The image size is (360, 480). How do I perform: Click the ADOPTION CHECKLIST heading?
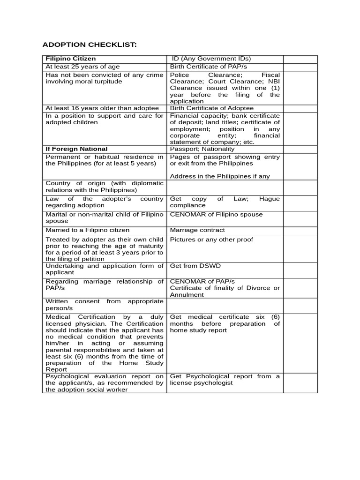coord(90,45)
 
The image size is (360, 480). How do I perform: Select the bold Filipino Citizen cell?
coord(70,59)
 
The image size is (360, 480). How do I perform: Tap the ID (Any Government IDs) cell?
coord(210,59)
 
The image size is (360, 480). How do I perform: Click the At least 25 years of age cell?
coord(76,67)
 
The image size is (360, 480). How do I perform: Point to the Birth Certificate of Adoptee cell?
coord(211,108)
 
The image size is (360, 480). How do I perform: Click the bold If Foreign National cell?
coord(76,149)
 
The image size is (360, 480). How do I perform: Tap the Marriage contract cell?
coord(197,230)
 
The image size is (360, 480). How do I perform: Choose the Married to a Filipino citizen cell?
coord(87,230)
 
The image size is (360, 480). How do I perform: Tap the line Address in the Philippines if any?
coord(219,176)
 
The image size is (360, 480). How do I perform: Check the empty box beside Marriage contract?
coord(300,230)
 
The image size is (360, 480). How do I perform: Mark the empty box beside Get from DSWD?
coord(300,269)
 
